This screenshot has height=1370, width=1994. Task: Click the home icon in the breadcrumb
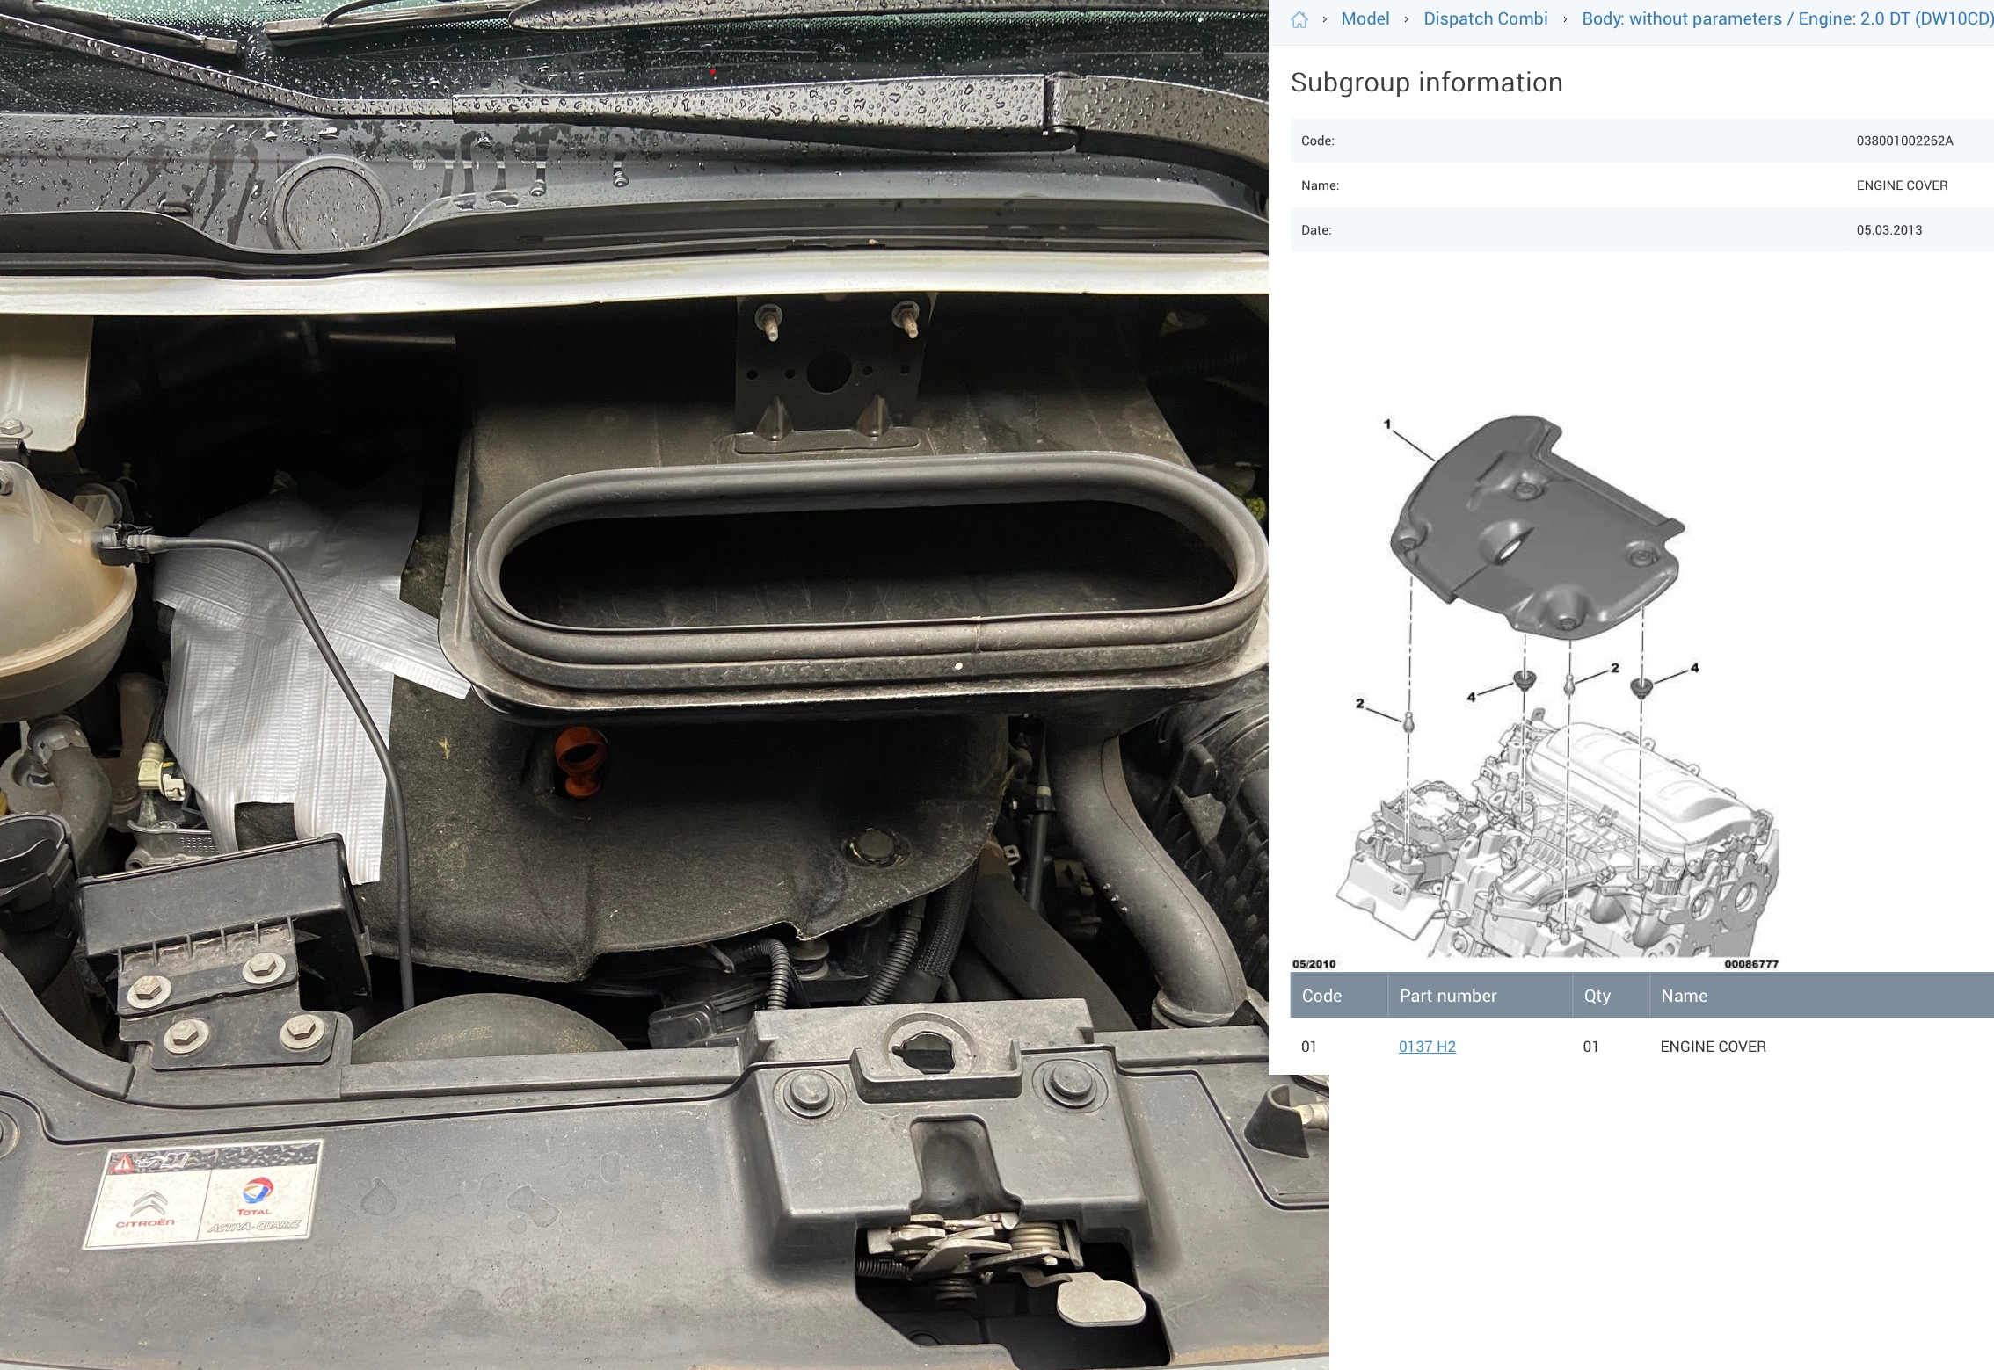click(x=1299, y=19)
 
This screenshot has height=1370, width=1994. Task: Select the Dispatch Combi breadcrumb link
click(x=1485, y=18)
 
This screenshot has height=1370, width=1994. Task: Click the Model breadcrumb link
click(x=1365, y=18)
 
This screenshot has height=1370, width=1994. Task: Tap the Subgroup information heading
click(x=1426, y=82)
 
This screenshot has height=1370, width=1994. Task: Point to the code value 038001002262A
click(x=1904, y=141)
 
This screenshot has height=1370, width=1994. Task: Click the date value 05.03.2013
click(x=1889, y=230)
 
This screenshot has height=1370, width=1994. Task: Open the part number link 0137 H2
click(x=1427, y=1047)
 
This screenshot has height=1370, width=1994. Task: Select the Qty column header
click(x=1597, y=996)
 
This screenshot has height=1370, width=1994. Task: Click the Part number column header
click(x=1447, y=996)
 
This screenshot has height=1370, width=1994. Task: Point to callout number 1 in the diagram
click(x=1387, y=424)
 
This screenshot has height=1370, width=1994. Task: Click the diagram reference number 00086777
click(x=1750, y=964)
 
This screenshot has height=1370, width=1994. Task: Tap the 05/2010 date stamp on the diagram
click(x=1314, y=964)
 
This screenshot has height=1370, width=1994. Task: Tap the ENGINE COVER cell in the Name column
click(x=1713, y=1047)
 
